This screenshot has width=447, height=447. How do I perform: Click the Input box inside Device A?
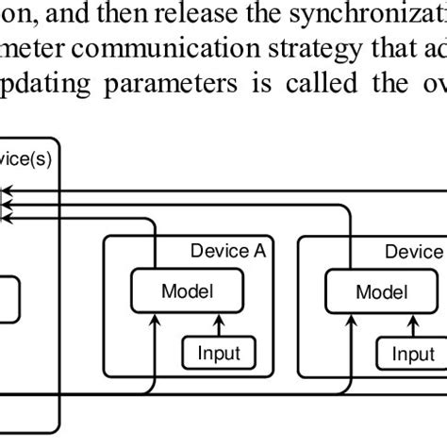pyautogui.click(x=219, y=354)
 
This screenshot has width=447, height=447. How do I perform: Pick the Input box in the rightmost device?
pyautogui.click(x=413, y=354)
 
